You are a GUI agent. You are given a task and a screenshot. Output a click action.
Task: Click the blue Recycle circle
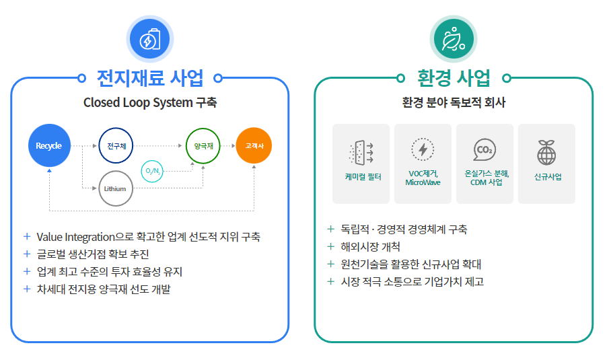click(x=49, y=145)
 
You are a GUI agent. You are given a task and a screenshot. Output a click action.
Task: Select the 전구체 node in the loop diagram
click(x=116, y=145)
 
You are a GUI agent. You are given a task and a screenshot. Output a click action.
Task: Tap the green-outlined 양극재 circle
click(x=203, y=145)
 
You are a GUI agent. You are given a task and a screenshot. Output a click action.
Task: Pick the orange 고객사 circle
click(x=254, y=145)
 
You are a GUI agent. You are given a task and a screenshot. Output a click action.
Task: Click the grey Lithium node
click(x=115, y=188)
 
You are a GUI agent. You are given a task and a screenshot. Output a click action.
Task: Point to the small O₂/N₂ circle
click(x=151, y=171)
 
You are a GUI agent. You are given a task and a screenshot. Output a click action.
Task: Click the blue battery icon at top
click(x=150, y=39)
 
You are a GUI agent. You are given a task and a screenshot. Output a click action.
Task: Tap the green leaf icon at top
click(x=454, y=39)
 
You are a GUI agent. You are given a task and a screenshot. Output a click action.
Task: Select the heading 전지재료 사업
click(x=150, y=78)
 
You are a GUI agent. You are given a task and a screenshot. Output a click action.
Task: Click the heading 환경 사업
click(x=454, y=78)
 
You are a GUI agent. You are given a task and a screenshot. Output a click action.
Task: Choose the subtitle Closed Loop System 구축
click(x=150, y=103)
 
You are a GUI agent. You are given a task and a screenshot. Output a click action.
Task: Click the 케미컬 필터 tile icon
click(x=362, y=153)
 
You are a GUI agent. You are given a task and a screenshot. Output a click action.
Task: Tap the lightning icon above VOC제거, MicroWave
click(x=423, y=149)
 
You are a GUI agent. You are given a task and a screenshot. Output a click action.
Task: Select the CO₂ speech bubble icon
click(x=484, y=149)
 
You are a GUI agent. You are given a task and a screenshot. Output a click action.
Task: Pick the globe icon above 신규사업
click(x=546, y=153)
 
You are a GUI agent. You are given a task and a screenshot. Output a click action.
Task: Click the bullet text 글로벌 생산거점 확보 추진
click(x=93, y=254)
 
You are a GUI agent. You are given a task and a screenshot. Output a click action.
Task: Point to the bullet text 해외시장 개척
click(x=370, y=246)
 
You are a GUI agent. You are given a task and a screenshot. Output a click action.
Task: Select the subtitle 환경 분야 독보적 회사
click(x=454, y=103)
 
